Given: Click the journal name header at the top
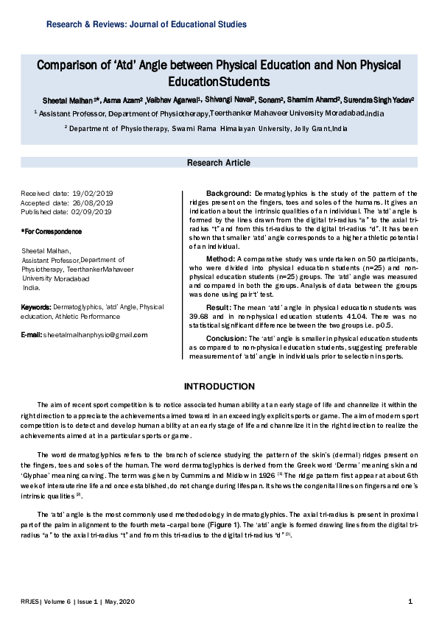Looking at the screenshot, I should (x=147, y=24).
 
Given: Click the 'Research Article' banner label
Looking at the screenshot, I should (x=220, y=162).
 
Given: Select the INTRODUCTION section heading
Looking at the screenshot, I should (x=219, y=387).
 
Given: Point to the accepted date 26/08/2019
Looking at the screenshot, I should (x=93, y=202).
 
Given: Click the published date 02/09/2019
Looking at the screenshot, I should (x=93, y=212).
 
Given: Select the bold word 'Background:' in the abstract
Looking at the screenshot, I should (x=229, y=193).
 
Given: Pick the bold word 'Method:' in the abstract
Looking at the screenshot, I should (x=220, y=259).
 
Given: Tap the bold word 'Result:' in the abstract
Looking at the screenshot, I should (x=219, y=306).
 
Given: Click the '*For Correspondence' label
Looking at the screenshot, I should (x=52, y=232).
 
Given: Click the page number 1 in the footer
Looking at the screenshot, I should (x=410, y=602).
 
